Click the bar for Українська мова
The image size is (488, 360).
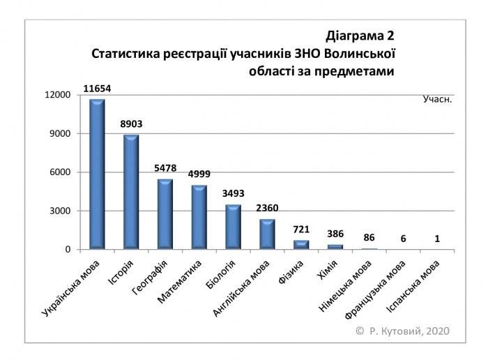click(97, 174)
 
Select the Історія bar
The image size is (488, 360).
click(131, 192)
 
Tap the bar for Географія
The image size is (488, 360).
click(165, 214)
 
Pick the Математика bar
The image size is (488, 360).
click(199, 217)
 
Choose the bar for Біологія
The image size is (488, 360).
click(233, 227)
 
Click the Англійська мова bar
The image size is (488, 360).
click(267, 234)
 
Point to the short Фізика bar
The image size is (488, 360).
click(301, 245)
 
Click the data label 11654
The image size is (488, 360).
click(97, 89)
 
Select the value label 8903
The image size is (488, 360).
click(131, 124)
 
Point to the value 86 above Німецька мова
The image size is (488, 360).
click(369, 238)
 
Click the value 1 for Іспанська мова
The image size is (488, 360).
click(437, 239)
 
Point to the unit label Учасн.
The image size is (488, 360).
click(437, 99)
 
